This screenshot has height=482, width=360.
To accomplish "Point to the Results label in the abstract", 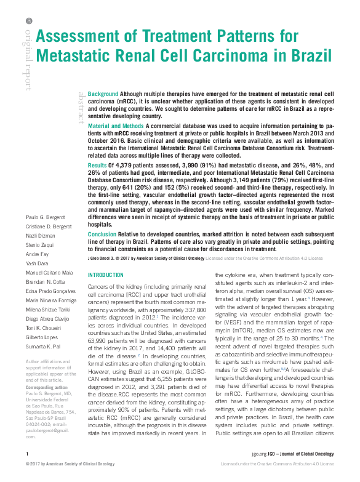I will [x=97, y=166].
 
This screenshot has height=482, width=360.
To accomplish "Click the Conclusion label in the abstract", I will [x=102, y=234].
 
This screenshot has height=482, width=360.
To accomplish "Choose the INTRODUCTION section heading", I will [x=106, y=275].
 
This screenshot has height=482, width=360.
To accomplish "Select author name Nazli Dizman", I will [x=41, y=236].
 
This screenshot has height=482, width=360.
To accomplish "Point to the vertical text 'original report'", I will [x=28, y=55].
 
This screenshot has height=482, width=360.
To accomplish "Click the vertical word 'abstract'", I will [x=81, y=108].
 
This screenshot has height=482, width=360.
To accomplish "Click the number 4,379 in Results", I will [x=127, y=166].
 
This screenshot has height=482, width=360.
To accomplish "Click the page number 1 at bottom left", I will [x=27, y=471].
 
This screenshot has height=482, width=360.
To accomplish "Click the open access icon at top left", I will [x=28, y=20].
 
